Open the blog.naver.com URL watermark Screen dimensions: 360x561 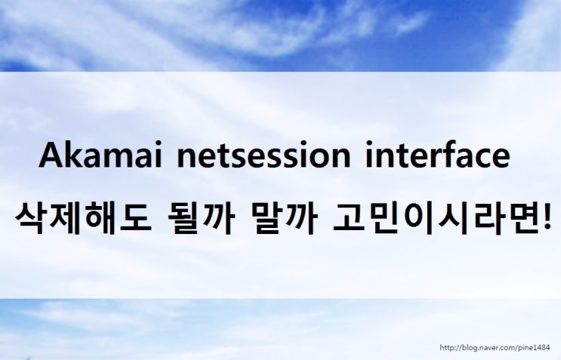click(495, 347)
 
